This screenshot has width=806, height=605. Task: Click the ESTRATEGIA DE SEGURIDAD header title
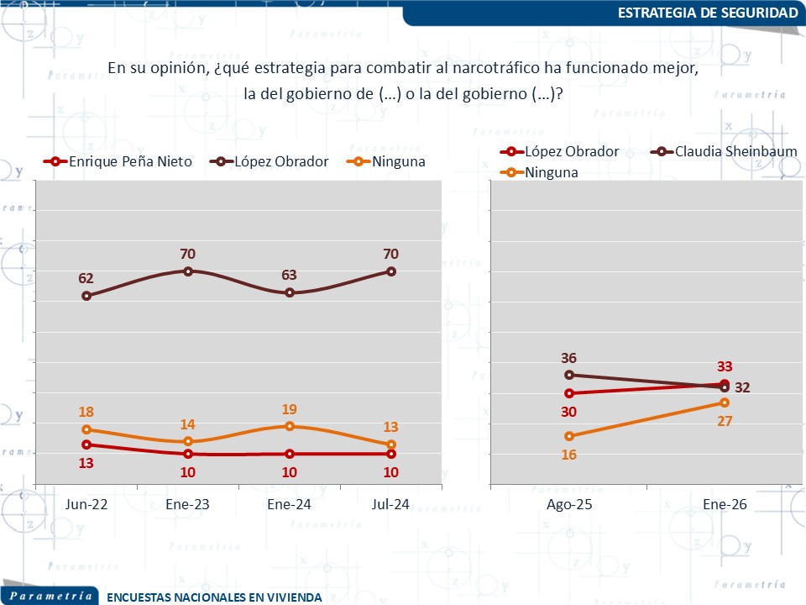(707, 13)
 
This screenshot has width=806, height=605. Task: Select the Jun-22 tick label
(86, 504)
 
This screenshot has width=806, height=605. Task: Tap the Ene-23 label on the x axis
(188, 504)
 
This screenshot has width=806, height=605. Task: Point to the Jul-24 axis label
(391, 504)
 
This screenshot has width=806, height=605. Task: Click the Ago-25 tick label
(569, 504)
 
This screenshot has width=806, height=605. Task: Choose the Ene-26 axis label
(725, 504)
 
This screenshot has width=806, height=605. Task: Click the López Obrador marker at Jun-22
(86, 296)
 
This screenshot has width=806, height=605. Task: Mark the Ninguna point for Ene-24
(290, 426)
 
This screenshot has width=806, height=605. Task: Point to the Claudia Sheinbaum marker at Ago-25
(569, 375)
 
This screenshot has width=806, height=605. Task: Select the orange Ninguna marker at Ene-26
(725, 402)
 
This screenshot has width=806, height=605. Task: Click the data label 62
(86, 278)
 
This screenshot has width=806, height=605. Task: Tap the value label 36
(569, 358)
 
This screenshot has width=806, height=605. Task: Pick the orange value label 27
(725, 421)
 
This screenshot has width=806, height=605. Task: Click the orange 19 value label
(290, 409)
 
